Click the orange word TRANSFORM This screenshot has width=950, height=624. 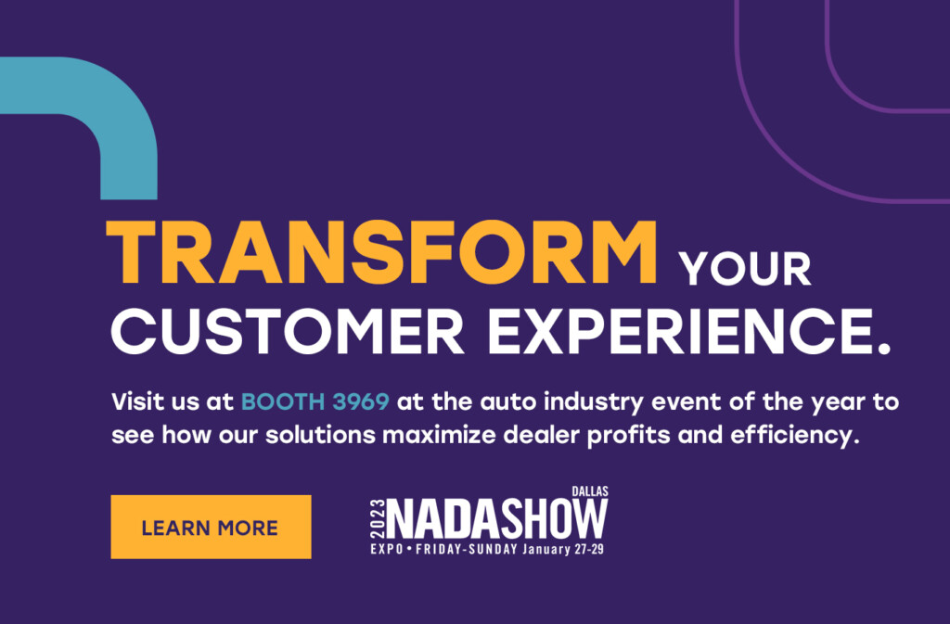(x=381, y=253)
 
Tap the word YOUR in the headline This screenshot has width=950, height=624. (x=745, y=269)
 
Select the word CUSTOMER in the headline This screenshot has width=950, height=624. (x=288, y=331)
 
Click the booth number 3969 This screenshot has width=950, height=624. (x=361, y=401)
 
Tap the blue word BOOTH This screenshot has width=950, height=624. (x=283, y=401)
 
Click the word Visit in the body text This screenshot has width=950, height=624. (x=138, y=401)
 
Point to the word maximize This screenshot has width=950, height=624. (x=439, y=435)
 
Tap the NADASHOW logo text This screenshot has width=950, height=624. (x=497, y=518)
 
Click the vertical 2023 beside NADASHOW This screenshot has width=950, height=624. (x=378, y=519)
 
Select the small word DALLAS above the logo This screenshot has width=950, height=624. (x=589, y=491)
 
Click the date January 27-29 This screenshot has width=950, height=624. (x=563, y=550)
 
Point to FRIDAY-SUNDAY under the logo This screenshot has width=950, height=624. (x=467, y=550)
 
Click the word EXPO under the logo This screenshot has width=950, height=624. (x=387, y=550)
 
